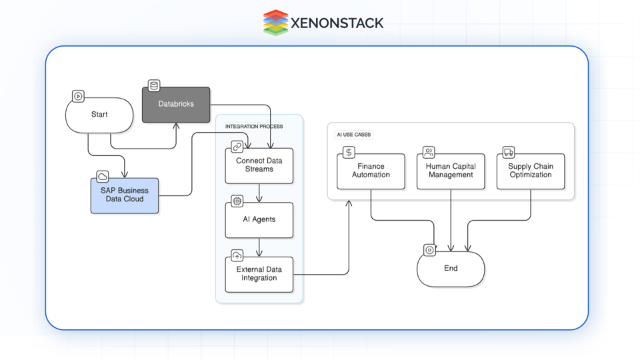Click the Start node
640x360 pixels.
(x=99, y=115)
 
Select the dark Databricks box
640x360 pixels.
(x=176, y=105)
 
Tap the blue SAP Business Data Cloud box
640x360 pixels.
(x=125, y=195)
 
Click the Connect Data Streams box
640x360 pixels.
(x=259, y=165)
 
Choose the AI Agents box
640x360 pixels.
(x=259, y=219)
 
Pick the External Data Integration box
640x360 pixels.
(x=259, y=274)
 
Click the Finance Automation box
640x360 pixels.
(x=371, y=171)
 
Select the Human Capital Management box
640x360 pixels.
(x=451, y=171)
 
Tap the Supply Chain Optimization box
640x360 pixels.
(x=531, y=171)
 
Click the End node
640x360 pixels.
(x=451, y=269)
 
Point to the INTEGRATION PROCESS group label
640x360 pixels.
(x=254, y=127)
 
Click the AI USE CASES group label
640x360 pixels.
(x=353, y=135)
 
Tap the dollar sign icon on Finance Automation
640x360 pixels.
(x=349, y=153)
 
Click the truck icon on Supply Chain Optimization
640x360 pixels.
(x=509, y=153)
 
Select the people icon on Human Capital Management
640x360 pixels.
(x=429, y=153)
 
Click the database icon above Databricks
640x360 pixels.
(x=154, y=85)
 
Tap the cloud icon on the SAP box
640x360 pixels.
(x=103, y=177)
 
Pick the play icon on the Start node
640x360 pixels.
(x=78, y=97)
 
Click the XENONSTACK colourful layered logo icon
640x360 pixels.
(x=275, y=23)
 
